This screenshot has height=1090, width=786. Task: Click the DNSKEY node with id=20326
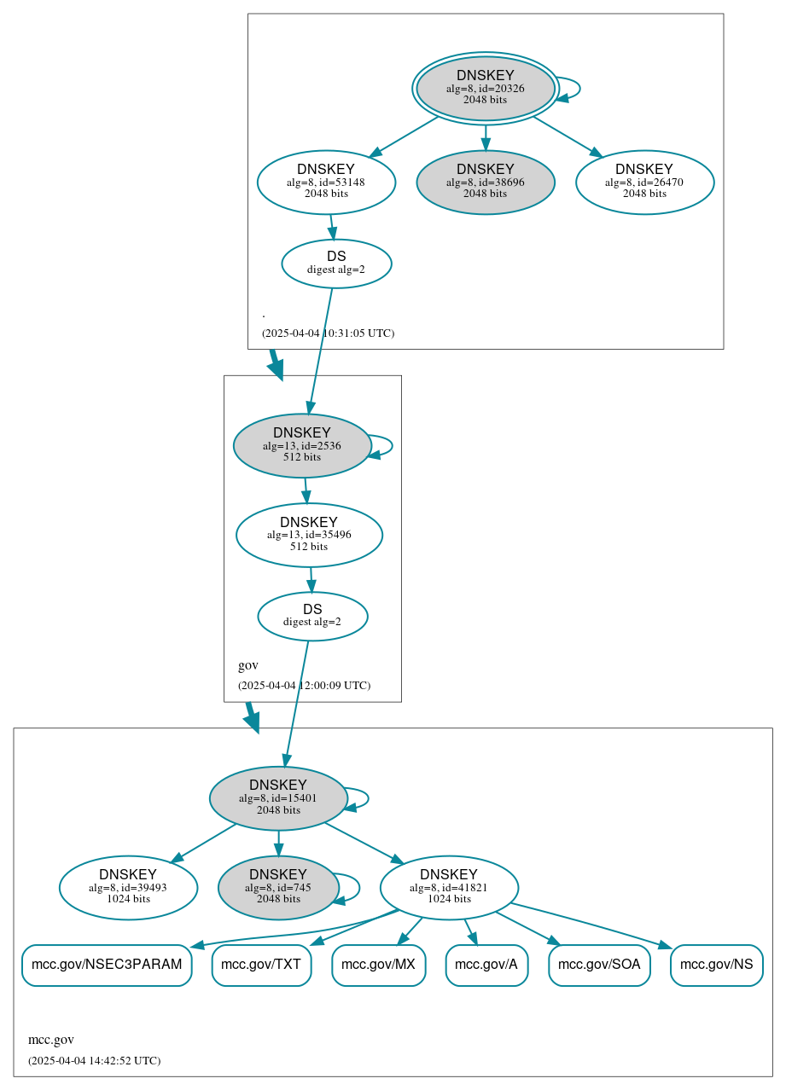[485, 88]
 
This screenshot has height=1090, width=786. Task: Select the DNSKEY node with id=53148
[326, 182]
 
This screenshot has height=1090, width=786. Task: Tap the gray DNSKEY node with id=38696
[485, 182]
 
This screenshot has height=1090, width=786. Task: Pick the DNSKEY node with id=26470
[644, 182]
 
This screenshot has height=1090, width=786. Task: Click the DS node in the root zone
[336, 264]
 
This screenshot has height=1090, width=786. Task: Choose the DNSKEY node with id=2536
[301, 445]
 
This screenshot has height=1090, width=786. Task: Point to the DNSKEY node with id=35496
[309, 535]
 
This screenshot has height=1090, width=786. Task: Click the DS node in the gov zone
[312, 616]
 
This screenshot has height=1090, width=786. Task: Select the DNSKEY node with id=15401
[278, 798]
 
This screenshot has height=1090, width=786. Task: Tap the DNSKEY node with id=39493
[128, 888]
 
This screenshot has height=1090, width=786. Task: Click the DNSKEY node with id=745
[278, 888]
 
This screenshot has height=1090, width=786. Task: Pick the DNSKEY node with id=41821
[449, 888]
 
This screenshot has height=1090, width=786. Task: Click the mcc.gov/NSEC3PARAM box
[107, 965]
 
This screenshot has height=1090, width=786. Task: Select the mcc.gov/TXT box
[261, 965]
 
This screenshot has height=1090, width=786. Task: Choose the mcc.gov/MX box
[378, 965]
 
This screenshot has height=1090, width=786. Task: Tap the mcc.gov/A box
[486, 965]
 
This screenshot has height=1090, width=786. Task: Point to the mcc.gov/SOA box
[599, 965]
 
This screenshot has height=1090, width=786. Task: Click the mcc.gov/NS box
[717, 965]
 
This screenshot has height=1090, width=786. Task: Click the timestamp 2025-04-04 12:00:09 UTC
[304, 686]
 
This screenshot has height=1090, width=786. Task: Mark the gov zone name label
[248, 665]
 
